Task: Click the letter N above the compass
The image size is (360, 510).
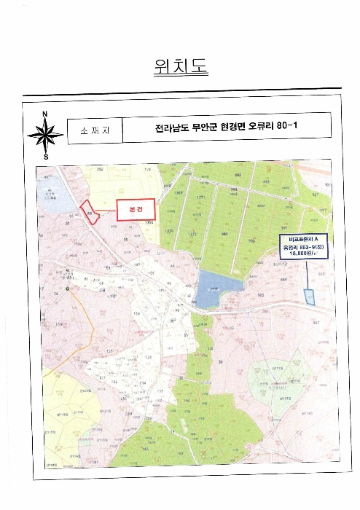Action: tap(45, 114)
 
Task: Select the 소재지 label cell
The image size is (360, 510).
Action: tap(93, 130)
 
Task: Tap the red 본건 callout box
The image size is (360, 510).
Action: tap(136, 209)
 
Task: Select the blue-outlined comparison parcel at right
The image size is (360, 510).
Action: tap(308, 297)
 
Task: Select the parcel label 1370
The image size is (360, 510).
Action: tap(169, 231)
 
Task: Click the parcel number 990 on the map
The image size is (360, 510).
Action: tap(251, 240)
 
